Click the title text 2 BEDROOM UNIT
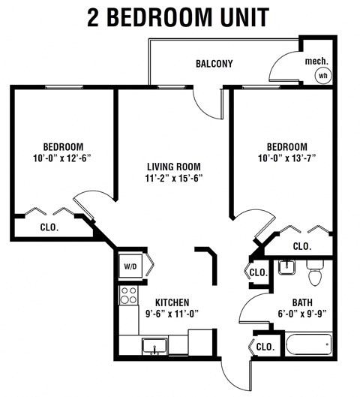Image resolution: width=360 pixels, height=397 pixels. point(180,17)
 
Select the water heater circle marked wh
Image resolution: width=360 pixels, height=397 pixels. point(323,75)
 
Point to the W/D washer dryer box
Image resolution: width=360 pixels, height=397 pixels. point(128,264)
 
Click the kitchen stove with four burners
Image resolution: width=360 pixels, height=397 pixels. point(127,296)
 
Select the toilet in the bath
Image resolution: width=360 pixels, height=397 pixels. point(316,273)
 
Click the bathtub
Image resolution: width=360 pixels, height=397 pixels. point(308,344)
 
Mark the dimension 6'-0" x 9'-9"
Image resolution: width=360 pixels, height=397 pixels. point(291,314)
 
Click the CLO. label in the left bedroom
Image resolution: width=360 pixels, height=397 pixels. point(49,226)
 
